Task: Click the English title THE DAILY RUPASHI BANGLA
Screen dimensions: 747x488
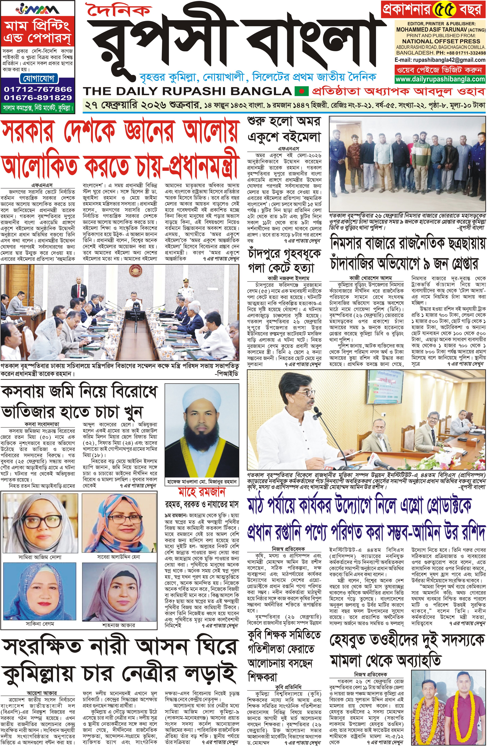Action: (188, 91)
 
